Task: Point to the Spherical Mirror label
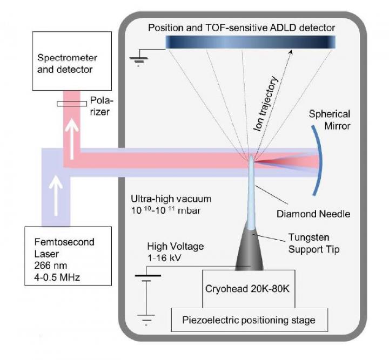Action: (x=329, y=120)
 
